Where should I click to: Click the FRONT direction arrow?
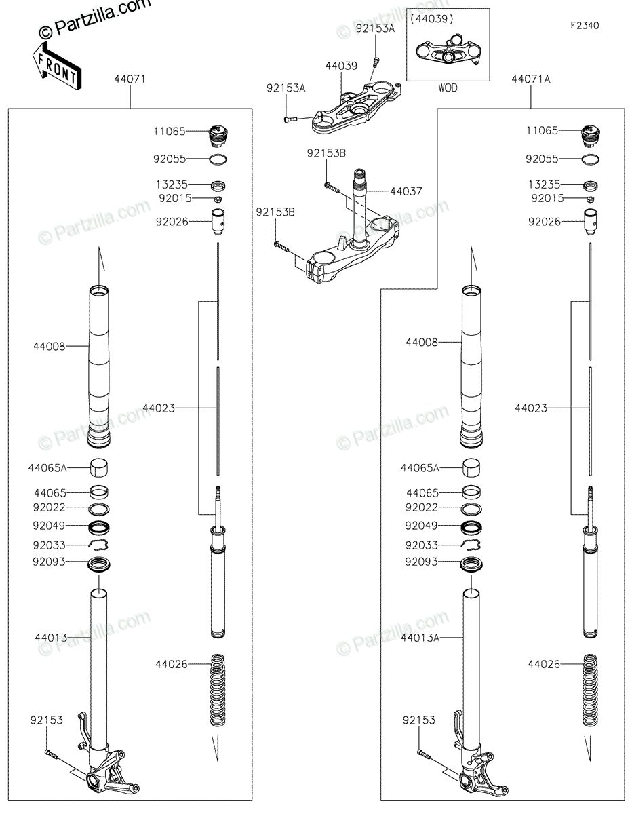[56, 66]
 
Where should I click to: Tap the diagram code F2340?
[585, 26]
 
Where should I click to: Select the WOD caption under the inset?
[448, 88]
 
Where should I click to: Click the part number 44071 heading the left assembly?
[130, 79]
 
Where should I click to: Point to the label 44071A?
[530, 79]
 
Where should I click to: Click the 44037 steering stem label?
[406, 191]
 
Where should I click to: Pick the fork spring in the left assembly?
[218, 690]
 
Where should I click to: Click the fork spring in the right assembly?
[590, 690]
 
